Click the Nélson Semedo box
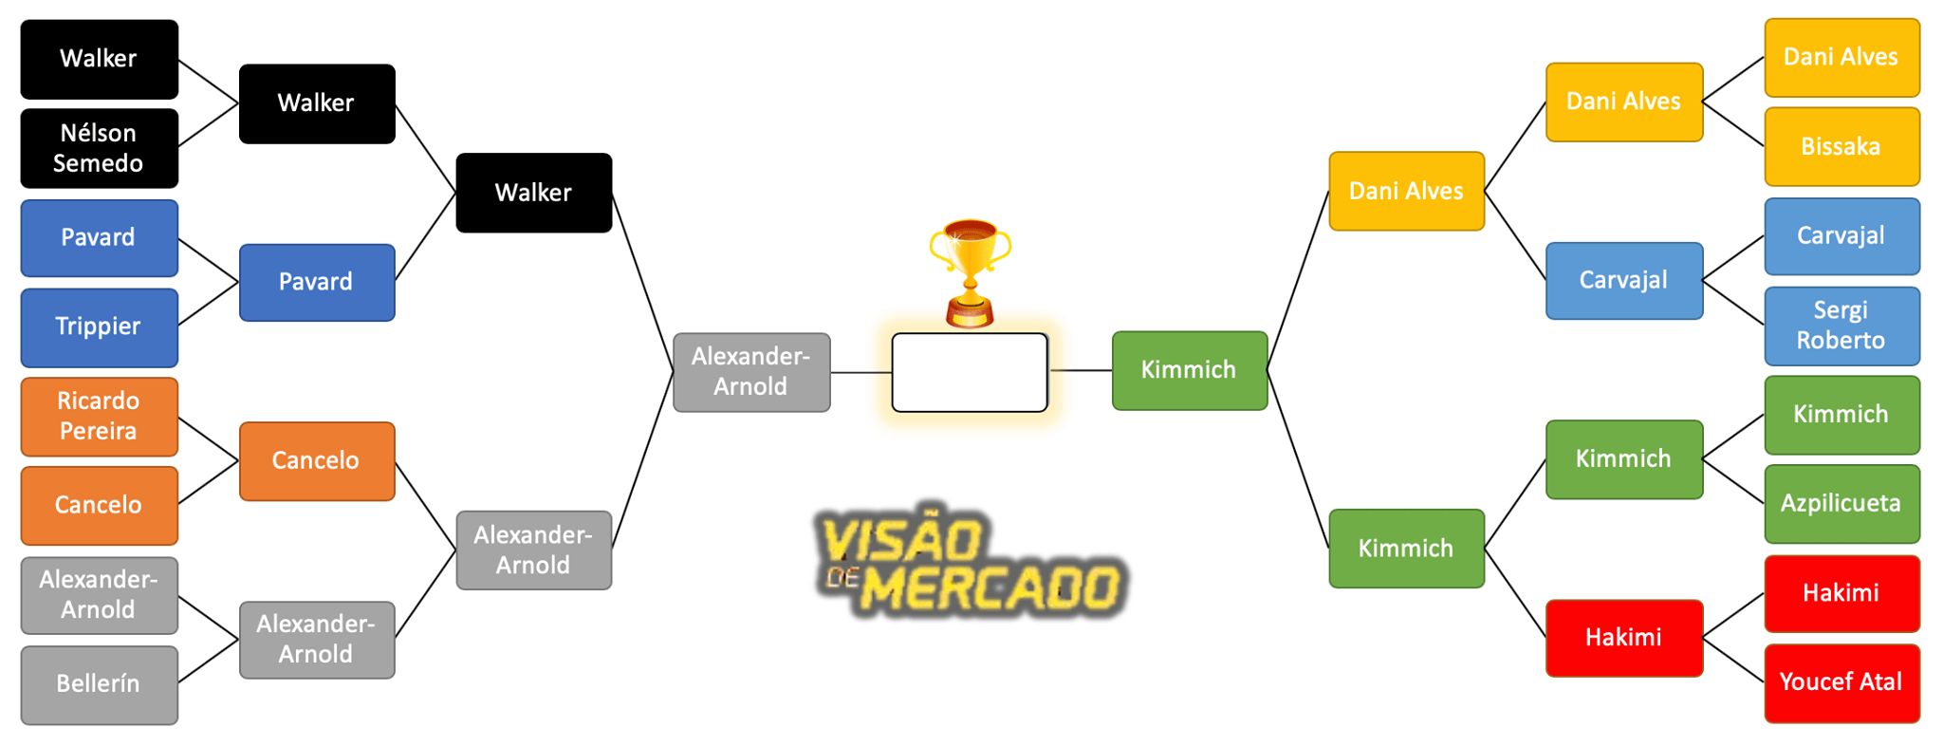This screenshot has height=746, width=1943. [x=99, y=148]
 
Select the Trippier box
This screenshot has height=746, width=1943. [x=99, y=326]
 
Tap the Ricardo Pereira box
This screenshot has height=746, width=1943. [x=99, y=416]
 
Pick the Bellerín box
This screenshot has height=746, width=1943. [x=99, y=683]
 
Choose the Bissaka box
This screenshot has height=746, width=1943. [x=1841, y=146]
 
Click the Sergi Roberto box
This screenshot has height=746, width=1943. [x=1841, y=326]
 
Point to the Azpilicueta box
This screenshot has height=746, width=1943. [x=1841, y=503]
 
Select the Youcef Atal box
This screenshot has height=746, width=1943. [x=1841, y=681]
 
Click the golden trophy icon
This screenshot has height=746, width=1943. [x=970, y=270]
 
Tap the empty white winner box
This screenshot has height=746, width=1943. [x=970, y=372]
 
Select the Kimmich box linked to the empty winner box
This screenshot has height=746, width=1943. [x=1189, y=370]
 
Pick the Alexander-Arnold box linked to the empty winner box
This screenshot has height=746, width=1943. [x=750, y=372]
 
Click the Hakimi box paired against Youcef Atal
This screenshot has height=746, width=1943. [x=1841, y=593]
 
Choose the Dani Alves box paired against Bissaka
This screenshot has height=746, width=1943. [x=1841, y=57]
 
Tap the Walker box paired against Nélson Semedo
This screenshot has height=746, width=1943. [x=99, y=59]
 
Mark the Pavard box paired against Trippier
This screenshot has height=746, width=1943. [x=99, y=237]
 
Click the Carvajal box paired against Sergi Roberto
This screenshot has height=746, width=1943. [x=1841, y=236]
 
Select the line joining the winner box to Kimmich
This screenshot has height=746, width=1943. [x=1080, y=370]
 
